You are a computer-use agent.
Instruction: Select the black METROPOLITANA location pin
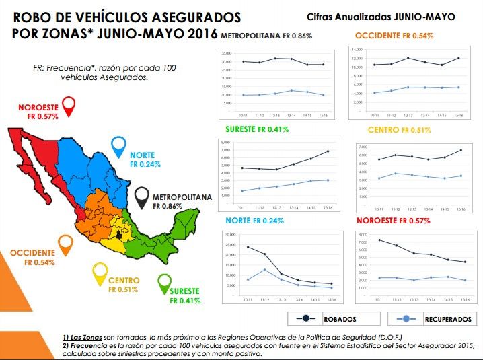143,196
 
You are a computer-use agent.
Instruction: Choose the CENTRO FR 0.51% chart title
399,129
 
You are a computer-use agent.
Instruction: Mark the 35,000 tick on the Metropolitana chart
226,52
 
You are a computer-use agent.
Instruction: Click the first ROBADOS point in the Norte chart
248,247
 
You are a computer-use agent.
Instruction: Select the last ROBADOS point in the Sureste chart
328,151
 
